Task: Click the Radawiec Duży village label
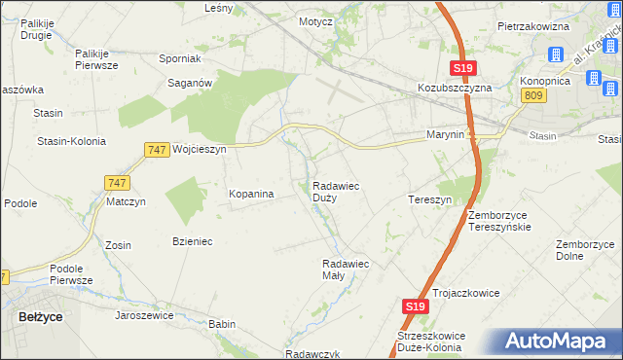click(x=339, y=192)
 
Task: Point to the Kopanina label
click(x=251, y=195)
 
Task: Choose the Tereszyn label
click(x=429, y=199)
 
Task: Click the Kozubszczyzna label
click(x=455, y=87)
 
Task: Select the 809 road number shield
click(x=531, y=94)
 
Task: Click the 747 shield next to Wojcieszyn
click(x=156, y=150)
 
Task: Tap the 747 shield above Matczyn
click(x=116, y=183)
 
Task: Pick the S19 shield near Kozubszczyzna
click(x=462, y=68)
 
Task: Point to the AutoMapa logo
click(x=556, y=342)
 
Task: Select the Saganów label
click(x=191, y=85)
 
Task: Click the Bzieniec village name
click(x=192, y=240)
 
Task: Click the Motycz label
click(x=315, y=20)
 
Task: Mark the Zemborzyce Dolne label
click(x=583, y=250)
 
